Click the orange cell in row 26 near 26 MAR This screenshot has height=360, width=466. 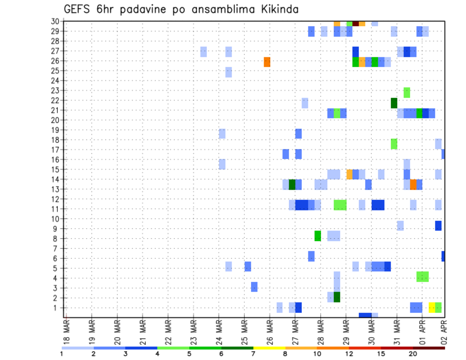267,62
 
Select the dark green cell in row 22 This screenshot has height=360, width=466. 394,103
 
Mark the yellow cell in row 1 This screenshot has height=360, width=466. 432,308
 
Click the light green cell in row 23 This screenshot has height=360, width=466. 407,92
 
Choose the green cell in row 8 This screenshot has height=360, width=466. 317,236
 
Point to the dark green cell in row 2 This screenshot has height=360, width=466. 337,297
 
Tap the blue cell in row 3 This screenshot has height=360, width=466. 254,287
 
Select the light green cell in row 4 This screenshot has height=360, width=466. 422,277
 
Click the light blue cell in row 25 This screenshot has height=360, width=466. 229,72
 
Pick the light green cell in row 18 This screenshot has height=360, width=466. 394,144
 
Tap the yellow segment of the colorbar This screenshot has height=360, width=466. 269,348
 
